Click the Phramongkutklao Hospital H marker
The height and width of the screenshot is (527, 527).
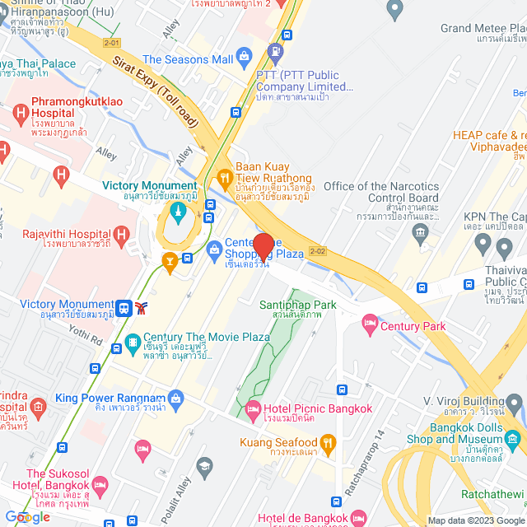pos(20,112)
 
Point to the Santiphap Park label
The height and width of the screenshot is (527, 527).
pos(298,305)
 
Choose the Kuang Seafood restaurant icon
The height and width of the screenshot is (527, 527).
pos(327,443)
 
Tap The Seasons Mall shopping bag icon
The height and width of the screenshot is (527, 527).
pos(244,57)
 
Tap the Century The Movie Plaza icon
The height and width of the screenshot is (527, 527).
pos(132,344)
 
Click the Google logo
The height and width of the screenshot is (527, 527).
pos(27,517)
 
